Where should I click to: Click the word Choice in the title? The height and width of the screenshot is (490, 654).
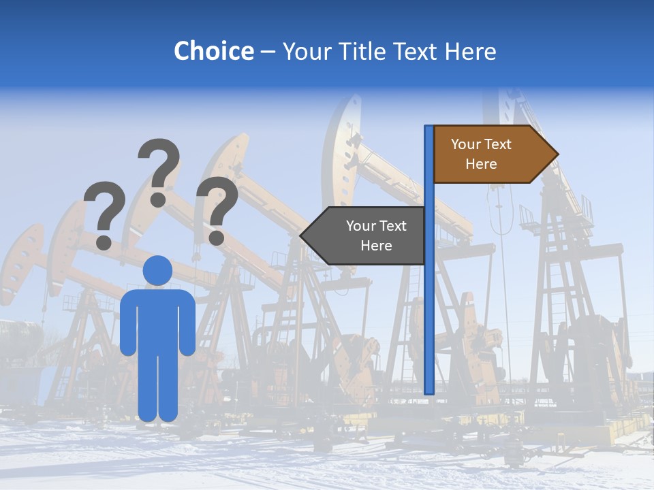point(213,51)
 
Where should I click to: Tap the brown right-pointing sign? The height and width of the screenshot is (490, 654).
point(490,154)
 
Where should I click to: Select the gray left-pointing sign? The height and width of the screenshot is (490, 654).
point(368,235)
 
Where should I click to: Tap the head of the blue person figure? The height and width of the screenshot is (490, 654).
point(157,271)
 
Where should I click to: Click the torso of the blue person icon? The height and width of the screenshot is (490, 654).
point(157,320)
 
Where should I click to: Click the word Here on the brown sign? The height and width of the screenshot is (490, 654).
point(481,164)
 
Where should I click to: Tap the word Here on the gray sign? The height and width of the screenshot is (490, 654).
point(376,246)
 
